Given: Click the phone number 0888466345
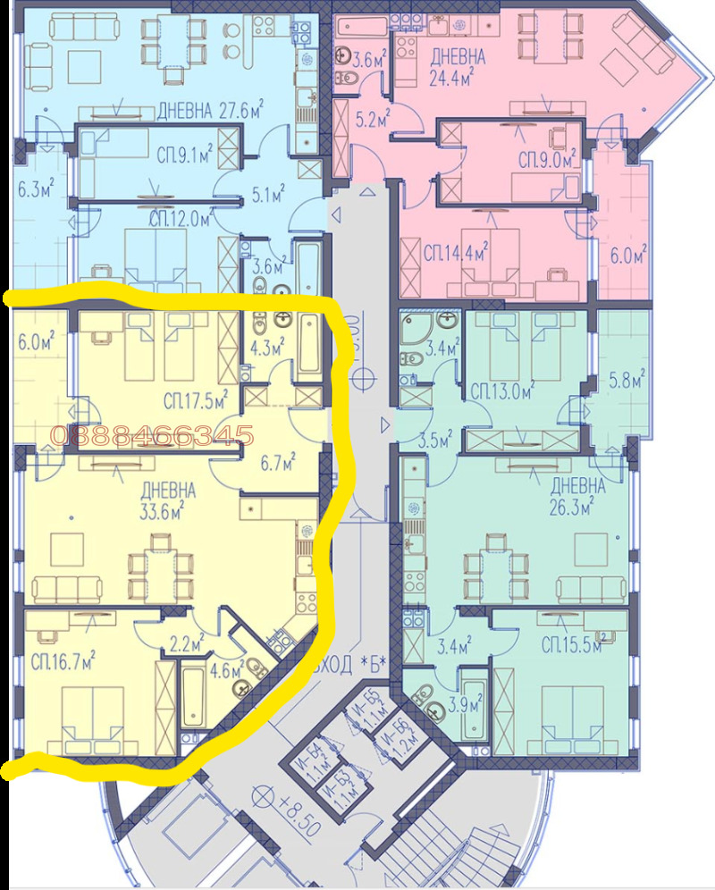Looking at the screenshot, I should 153,436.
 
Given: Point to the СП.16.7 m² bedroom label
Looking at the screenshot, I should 63,662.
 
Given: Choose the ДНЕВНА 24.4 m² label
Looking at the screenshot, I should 458,66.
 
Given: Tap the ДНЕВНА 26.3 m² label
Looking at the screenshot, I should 577,497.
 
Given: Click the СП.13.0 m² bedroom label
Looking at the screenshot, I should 501,390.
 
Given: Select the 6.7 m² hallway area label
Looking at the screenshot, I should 277,463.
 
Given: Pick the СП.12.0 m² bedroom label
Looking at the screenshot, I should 180,219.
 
